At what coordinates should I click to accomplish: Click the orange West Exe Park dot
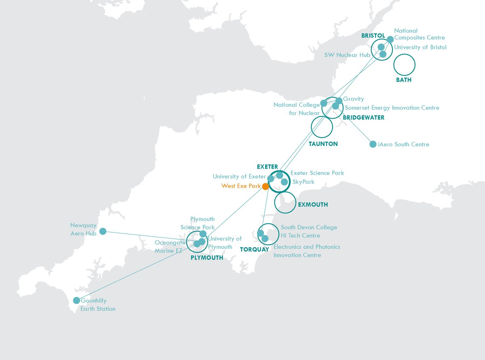click(266, 186)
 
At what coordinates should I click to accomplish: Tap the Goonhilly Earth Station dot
click(76, 301)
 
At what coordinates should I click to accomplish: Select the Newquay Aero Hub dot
click(103, 231)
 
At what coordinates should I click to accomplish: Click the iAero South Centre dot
click(373, 144)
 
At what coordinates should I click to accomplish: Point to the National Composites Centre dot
click(390, 39)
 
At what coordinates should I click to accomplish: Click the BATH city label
click(404, 80)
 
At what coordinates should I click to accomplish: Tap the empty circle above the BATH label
click(404, 65)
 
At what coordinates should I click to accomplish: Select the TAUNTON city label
click(323, 144)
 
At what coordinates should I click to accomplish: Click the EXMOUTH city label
click(313, 205)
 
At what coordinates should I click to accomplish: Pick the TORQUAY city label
click(254, 250)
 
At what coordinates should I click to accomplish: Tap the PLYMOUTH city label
click(207, 258)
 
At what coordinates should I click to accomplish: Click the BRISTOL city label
click(373, 36)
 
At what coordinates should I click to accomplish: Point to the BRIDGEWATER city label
click(363, 118)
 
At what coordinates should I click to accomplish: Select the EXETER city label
click(267, 167)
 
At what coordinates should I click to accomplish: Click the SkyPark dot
click(285, 182)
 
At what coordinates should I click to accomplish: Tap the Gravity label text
click(354, 99)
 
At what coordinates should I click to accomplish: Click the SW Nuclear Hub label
click(347, 55)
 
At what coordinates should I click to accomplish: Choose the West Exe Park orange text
click(241, 186)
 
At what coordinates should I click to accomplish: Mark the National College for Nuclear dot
click(323, 103)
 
